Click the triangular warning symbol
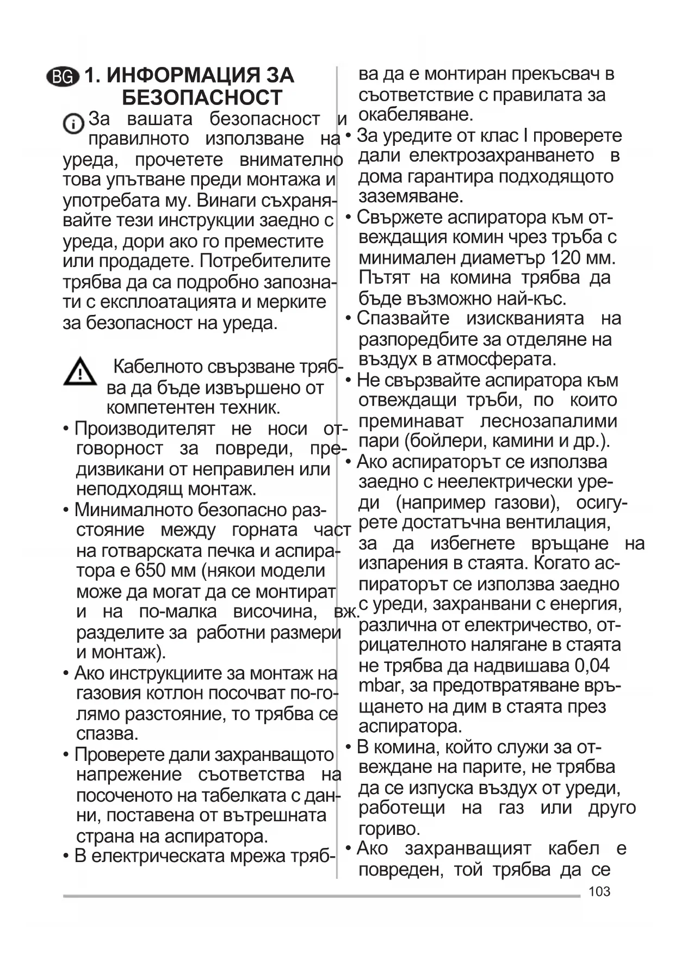[x=80, y=372]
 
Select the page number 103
[x=599, y=891]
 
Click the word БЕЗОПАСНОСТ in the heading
[x=202, y=98]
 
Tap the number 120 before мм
[x=566, y=257]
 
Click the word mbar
[x=380, y=685]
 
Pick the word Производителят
[x=144, y=429]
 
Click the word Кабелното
[x=158, y=367]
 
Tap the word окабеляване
[x=416, y=115]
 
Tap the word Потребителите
[x=265, y=261]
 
